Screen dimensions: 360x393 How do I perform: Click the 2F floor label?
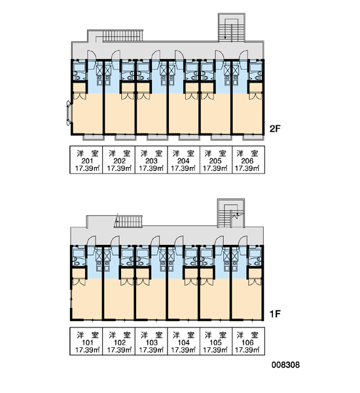(x=275, y=129)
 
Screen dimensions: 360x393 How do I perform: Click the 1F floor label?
(x=275, y=314)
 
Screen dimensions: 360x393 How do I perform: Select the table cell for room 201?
(x=86, y=160)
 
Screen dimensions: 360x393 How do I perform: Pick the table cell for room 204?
(x=184, y=160)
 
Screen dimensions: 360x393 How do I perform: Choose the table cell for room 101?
(x=86, y=341)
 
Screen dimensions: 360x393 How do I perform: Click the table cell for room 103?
(x=151, y=341)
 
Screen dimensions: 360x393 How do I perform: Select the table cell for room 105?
(x=216, y=341)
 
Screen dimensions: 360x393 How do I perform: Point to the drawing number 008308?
(x=285, y=365)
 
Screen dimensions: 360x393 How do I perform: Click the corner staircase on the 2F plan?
(x=232, y=28)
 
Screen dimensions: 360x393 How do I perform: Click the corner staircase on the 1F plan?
(x=231, y=213)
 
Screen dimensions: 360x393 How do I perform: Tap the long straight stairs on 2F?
(x=122, y=35)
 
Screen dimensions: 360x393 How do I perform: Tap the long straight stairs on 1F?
(x=128, y=221)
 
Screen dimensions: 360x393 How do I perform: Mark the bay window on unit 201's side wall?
(x=69, y=113)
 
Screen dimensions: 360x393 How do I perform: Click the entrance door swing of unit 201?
(x=91, y=55)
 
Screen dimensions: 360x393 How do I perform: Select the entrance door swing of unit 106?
(x=243, y=240)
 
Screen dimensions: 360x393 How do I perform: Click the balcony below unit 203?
(x=157, y=138)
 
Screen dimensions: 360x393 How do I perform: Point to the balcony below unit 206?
(x=253, y=138)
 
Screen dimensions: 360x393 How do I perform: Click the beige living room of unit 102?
(x=118, y=299)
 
